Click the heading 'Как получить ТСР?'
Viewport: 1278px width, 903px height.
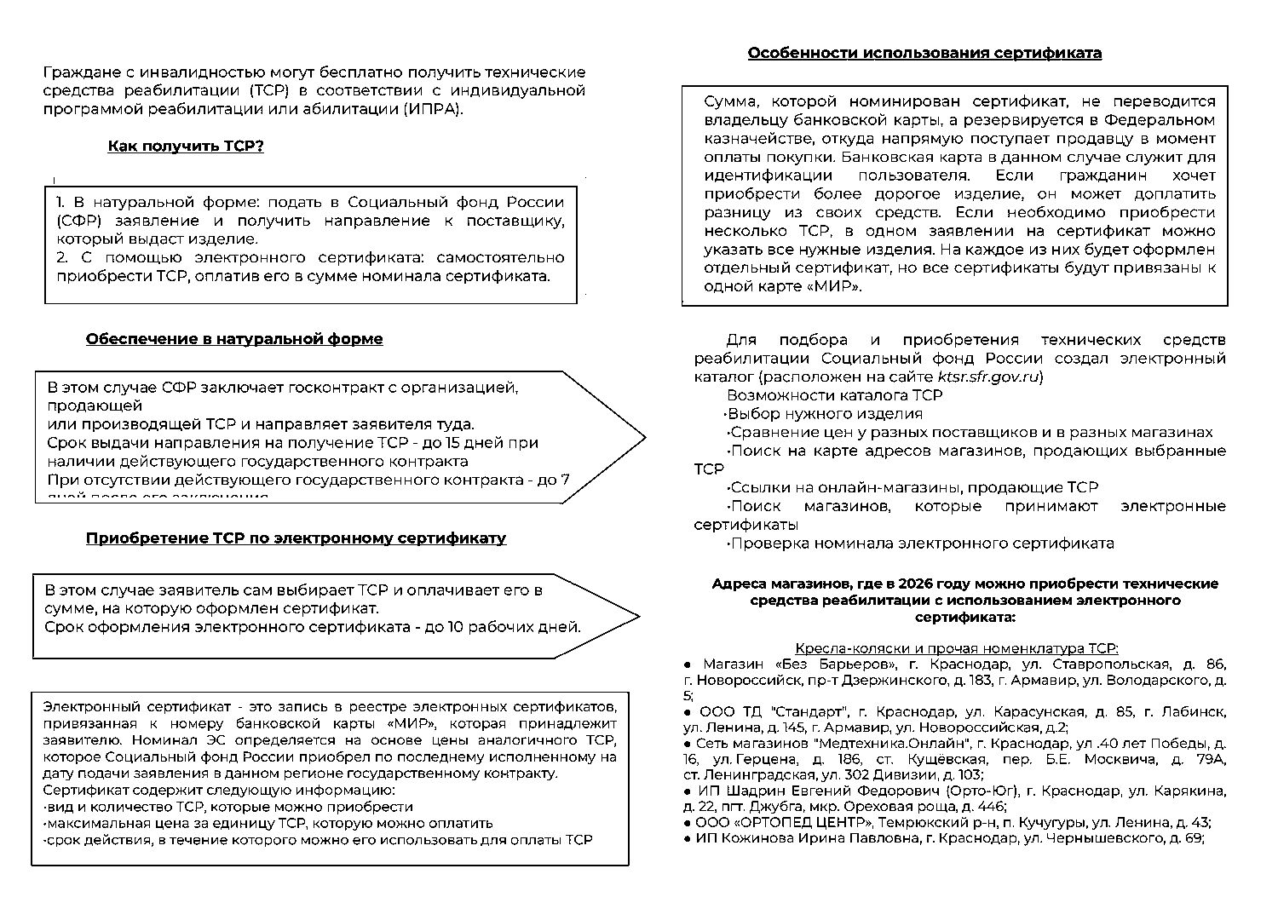click(x=186, y=147)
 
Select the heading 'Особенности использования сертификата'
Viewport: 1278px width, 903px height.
click(x=924, y=54)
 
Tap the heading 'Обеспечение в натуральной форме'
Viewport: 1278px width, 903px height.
click(x=234, y=339)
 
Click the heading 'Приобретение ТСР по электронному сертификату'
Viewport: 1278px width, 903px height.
click(x=296, y=538)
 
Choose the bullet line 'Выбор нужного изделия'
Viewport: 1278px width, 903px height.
click(x=825, y=414)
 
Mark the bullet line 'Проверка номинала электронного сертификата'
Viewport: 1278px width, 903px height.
click(x=921, y=544)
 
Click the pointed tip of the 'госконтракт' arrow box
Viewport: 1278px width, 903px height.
click(x=644, y=437)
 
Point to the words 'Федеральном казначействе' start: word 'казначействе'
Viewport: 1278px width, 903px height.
click(x=746, y=139)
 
